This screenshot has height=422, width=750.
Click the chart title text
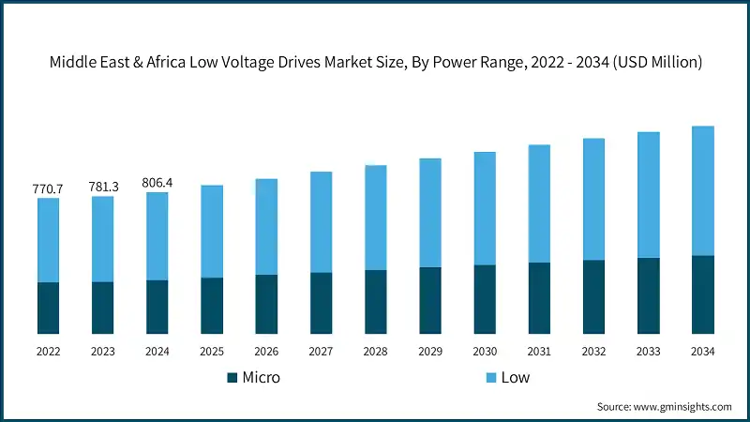375,61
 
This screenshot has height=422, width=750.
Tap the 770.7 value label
48,188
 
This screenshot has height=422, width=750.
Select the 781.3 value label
102,187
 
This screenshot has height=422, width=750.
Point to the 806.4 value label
157,182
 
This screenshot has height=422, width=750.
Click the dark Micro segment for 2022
48,308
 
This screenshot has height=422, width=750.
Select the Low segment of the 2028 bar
375,218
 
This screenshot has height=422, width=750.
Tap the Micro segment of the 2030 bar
484,299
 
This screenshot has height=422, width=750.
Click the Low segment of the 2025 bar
212,232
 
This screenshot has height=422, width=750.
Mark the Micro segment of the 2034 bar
702,294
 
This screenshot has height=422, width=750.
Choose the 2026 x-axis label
266,351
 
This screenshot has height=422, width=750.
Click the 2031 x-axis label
539,351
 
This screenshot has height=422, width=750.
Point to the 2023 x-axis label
102,351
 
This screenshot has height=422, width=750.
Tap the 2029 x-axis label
429,351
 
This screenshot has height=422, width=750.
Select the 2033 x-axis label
648,351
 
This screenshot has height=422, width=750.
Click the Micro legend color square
232,378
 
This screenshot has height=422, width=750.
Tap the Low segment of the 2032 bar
593,200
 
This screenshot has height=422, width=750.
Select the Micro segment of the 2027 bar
321,303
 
